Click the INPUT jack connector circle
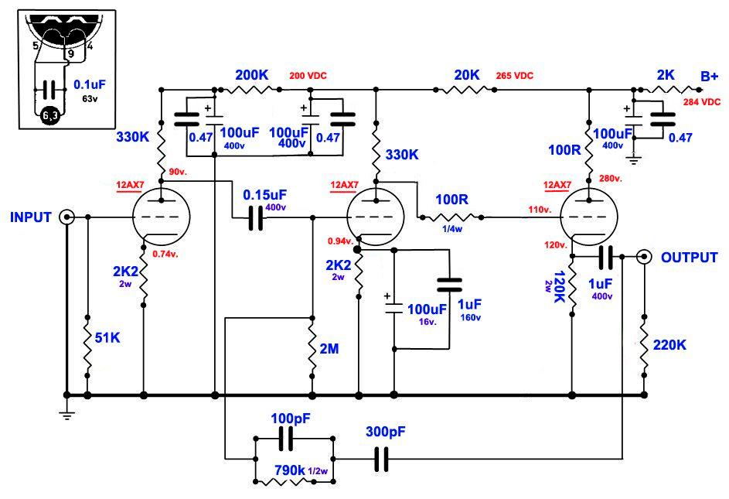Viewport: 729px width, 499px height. [x=67, y=217]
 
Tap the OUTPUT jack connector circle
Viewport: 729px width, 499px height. [x=644, y=257]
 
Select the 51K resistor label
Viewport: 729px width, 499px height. [x=107, y=337]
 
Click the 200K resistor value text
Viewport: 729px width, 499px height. [x=251, y=75]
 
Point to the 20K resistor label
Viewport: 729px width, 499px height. [x=467, y=75]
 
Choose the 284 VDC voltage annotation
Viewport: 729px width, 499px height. [x=702, y=102]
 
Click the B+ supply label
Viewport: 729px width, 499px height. [x=710, y=77]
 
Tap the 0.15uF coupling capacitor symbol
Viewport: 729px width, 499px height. [x=255, y=217]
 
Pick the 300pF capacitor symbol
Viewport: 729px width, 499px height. [x=381, y=459]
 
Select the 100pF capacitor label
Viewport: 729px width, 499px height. [x=291, y=419]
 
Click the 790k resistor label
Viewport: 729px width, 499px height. [x=290, y=470]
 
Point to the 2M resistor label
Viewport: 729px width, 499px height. [x=329, y=348]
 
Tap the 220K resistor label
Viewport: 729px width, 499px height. [x=669, y=345]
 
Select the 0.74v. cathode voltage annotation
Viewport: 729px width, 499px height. [x=165, y=255]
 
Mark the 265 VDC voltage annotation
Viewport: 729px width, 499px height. [x=515, y=75]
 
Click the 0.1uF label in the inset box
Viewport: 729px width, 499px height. [x=90, y=85]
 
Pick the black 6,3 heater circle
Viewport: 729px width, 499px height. [x=50, y=115]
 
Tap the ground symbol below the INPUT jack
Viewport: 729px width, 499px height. [x=67, y=414]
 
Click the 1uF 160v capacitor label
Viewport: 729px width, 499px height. [x=469, y=310]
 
